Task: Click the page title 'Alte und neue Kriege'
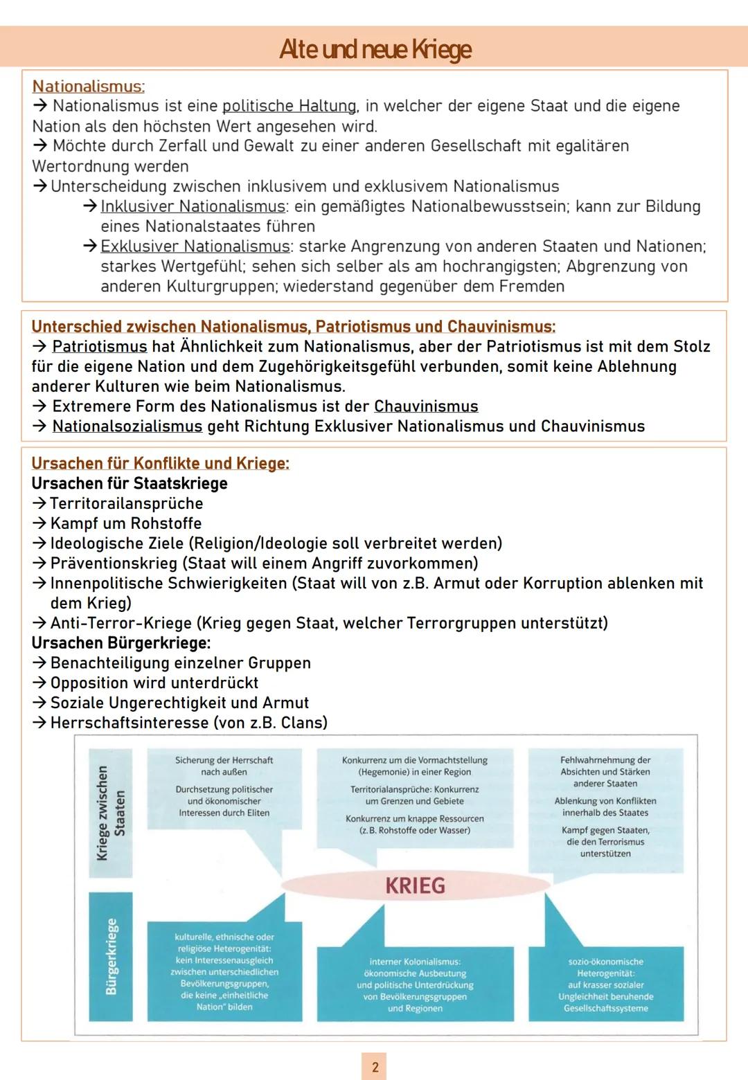click(375, 49)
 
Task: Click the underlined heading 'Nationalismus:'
click(88, 87)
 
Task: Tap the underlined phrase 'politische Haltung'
click(289, 106)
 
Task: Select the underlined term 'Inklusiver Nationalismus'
click(193, 206)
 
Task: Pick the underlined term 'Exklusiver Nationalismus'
click(195, 246)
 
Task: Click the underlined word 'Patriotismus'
click(100, 346)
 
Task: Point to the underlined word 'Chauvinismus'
click(426, 406)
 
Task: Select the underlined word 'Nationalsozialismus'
click(127, 426)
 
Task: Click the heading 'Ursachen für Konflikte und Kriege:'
click(160, 463)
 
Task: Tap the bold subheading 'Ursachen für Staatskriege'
click(130, 483)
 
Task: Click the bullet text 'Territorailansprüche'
click(127, 503)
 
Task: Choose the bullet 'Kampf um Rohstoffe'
click(126, 523)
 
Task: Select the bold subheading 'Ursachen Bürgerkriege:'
click(121, 643)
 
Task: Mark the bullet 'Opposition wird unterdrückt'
click(154, 683)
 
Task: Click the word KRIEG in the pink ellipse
click(415, 885)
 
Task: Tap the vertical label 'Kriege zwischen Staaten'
click(110, 813)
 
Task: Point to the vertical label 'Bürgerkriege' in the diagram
click(110, 956)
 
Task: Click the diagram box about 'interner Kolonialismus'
click(415, 984)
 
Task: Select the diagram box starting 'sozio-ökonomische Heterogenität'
click(606, 984)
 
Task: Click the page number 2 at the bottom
click(375, 1067)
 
